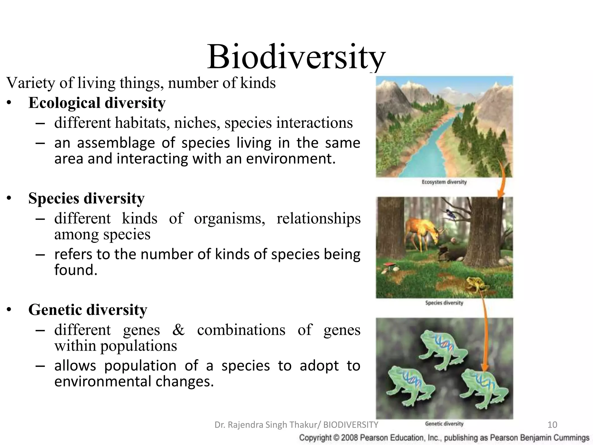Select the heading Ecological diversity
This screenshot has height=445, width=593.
point(97,103)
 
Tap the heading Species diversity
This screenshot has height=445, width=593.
point(86,198)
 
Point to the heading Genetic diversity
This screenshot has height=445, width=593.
point(88,310)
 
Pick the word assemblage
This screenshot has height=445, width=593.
point(116,143)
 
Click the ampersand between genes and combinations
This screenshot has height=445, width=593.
point(178,330)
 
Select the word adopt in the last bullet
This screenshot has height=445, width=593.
point(319,366)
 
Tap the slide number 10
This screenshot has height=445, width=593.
point(552,425)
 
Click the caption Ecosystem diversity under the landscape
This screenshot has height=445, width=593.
point(444,182)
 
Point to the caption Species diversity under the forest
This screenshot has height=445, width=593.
point(444,303)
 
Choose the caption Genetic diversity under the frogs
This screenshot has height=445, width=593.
point(444,424)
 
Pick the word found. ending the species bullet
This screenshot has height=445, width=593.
point(76,270)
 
